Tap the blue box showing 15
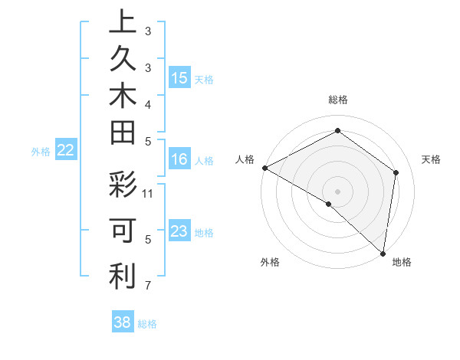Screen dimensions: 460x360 point(179,78)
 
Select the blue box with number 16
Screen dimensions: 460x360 point(179,159)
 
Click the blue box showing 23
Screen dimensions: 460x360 point(179,231)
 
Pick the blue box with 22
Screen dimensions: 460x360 point(65,151)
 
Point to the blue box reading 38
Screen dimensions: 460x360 point(123,322)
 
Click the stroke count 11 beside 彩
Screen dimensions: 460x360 point(148,192)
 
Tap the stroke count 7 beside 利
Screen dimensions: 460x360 point(148,286)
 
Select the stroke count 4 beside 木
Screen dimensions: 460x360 point(148,103)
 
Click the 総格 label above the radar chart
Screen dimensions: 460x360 point(338,100)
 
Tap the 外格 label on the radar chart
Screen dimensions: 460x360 point(270,262)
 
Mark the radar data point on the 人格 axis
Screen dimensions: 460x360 point(264,168)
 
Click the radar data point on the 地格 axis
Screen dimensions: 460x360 point(383,253)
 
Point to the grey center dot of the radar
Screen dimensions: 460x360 point(337,191)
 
